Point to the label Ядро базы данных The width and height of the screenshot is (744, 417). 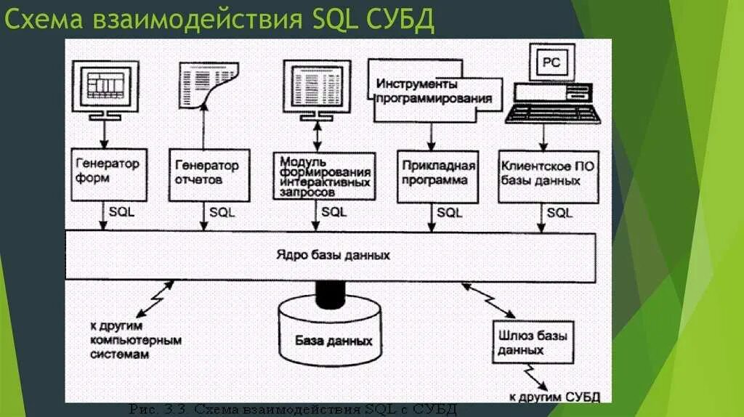coord(333,256)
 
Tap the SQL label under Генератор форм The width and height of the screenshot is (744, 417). coord(121,212)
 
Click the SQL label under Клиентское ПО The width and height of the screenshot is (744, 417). coord(559,212)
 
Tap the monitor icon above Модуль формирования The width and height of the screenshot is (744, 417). coord(318,86)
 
